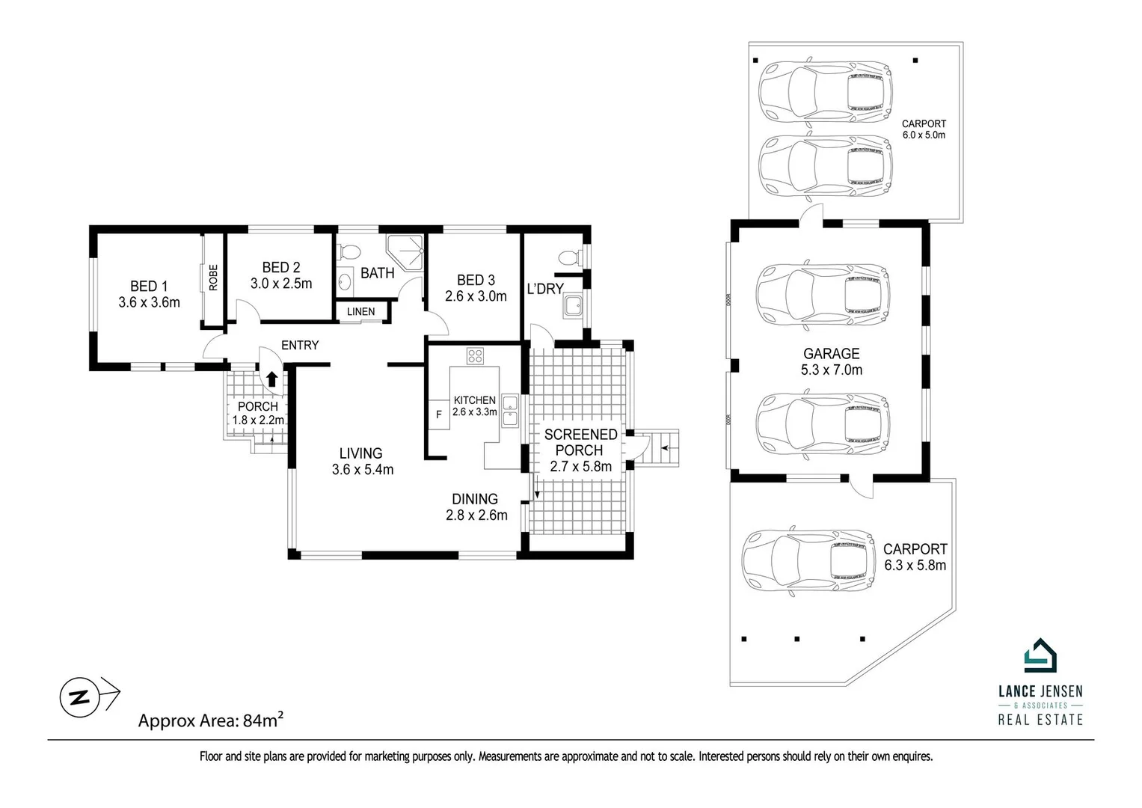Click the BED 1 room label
149,286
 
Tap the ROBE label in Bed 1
213,278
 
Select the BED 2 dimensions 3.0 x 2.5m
281,284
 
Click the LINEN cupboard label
360,312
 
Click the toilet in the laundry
570,258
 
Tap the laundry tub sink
574,306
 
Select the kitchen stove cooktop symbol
475,356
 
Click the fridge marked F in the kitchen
438,414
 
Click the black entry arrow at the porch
272,379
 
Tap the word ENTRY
300,345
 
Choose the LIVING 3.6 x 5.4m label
362,462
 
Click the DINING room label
475,499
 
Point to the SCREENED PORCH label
580,442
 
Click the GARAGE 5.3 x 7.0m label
831,361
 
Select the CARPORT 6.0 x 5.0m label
924,129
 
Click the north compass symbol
79,697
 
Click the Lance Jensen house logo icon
1040,657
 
